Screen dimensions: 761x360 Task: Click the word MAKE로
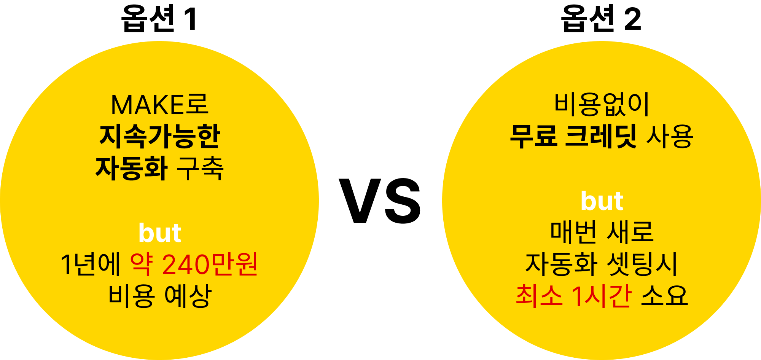click(159, 105)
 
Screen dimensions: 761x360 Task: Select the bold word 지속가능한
click(160, 136)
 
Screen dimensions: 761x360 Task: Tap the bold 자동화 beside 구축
click(131, 168)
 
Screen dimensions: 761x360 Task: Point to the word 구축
click(200, 168)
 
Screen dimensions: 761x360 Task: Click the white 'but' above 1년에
click(160, 233)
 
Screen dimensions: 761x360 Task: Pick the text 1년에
click(91, 264)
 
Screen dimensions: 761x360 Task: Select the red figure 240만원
click(210, 264)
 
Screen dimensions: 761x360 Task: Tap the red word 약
click(142, 264)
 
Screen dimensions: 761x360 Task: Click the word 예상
click(188, 296)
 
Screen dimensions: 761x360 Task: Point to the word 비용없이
click(602, 105)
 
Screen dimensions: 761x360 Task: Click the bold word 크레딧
click(600, 136)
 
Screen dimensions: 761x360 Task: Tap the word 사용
click(670, 136)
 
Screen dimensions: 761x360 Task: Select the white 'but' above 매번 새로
click(602, 201)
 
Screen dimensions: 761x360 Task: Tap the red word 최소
click(539, 296)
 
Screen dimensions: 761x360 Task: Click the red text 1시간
click(602, 296)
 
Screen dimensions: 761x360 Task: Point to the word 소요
click(664, 296)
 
